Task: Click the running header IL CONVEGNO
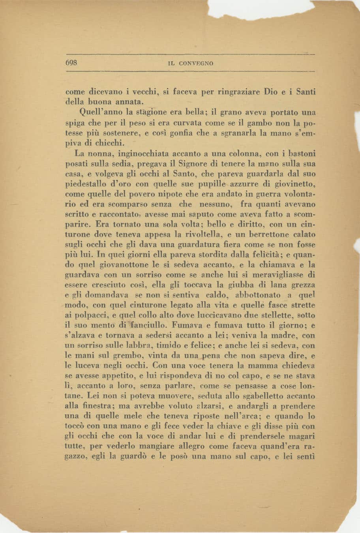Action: pos(190,63)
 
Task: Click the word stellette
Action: pos(281,315)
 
